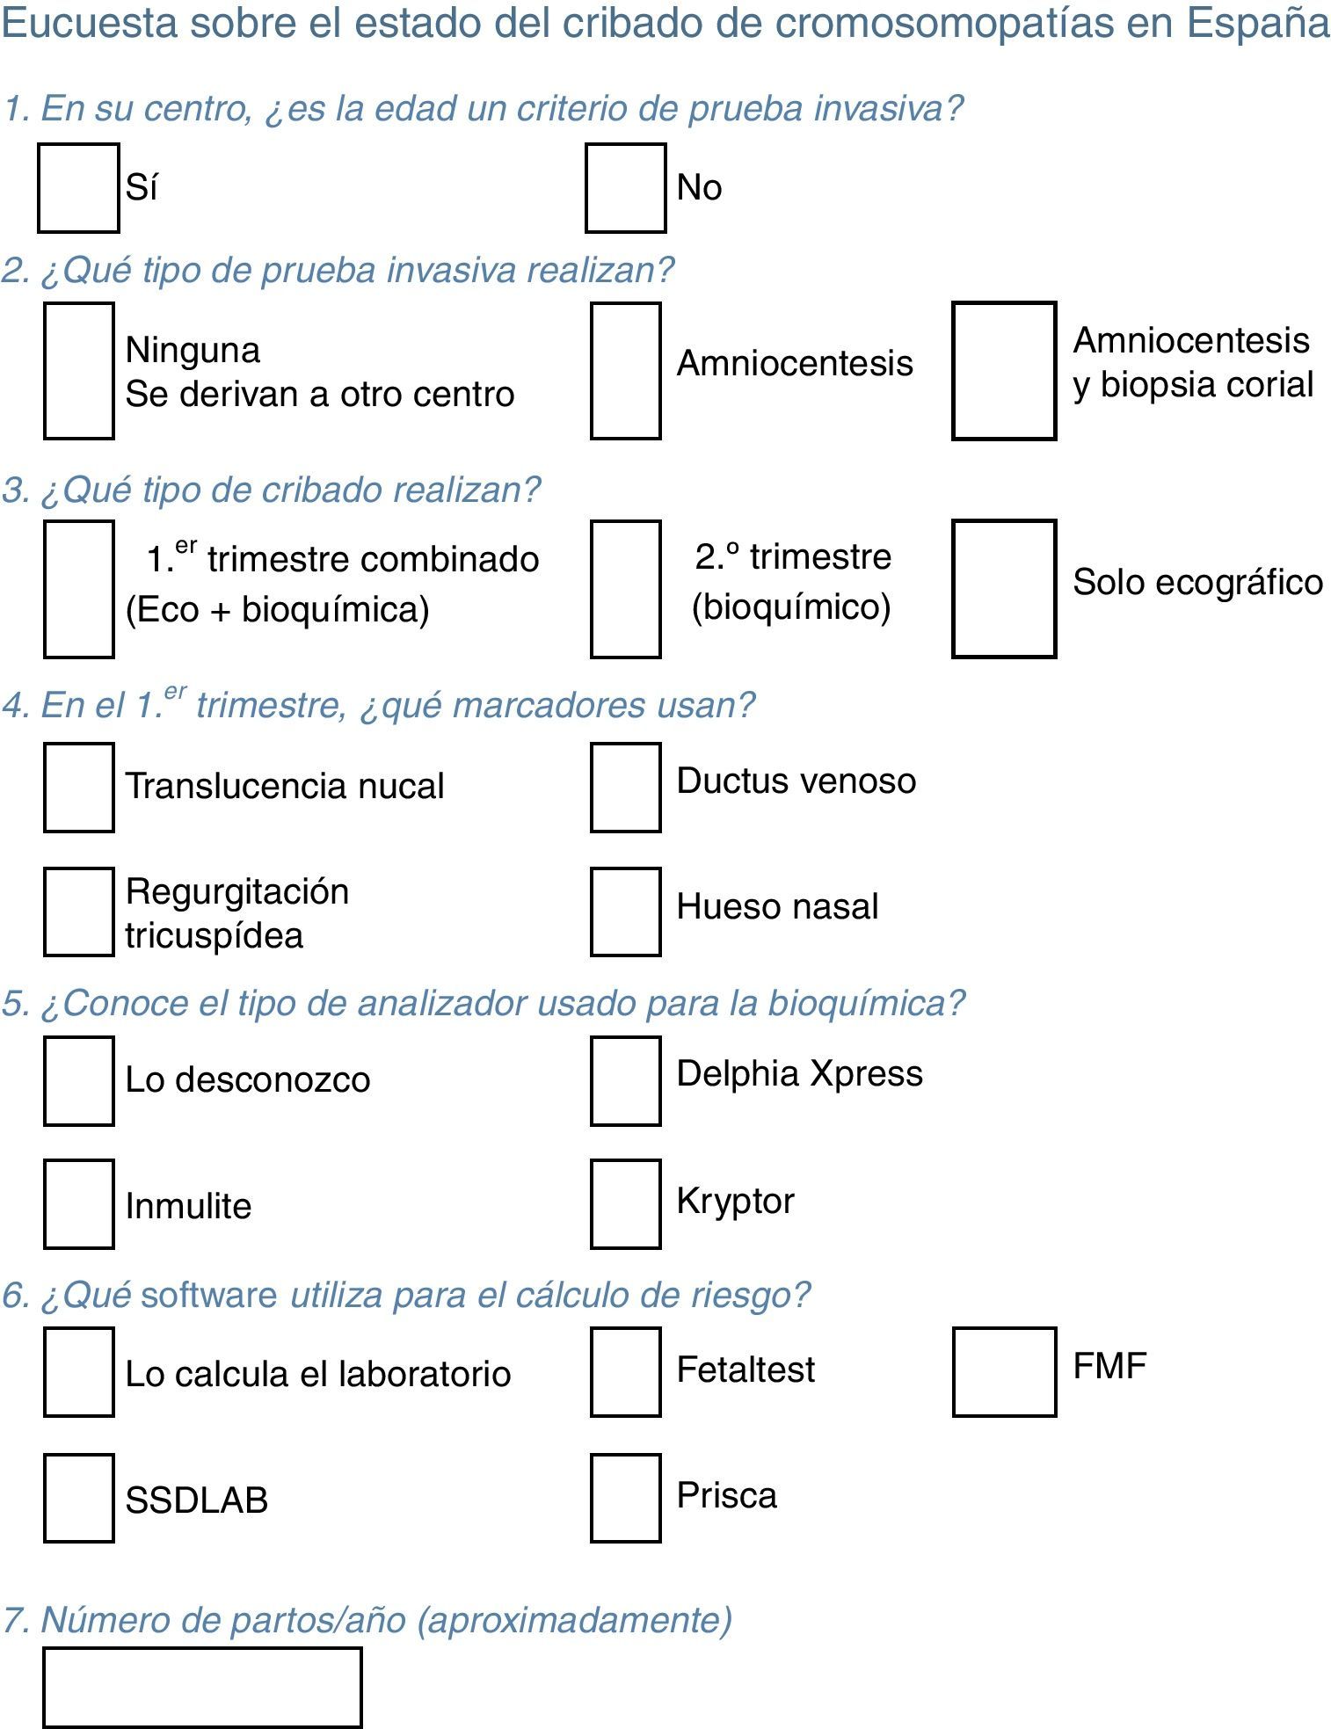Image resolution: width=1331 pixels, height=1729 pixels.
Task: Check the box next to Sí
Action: tap(78, 188)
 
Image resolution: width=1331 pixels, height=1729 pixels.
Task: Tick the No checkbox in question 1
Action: tap(625, 188)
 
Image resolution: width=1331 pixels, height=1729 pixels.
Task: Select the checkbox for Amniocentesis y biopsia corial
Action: tap(1004, 370)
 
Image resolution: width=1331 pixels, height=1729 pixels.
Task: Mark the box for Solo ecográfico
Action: tap(1004, 588)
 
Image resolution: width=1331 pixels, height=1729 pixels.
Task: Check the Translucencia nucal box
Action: tap(78, 787)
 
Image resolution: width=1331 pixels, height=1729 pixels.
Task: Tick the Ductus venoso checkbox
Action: tap(625, 787)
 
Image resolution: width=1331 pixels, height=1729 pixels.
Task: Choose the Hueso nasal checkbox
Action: tap(625, 912)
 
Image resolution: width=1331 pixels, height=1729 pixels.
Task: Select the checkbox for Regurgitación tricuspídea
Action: tap(78, 912)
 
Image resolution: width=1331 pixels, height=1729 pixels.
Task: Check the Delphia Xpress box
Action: tap(625, 1080)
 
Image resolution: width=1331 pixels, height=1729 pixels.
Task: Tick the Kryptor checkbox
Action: tap(625, 1203)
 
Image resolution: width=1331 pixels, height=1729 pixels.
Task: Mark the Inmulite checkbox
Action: tap(78, 1203)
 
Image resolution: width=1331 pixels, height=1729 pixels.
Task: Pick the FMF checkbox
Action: tap(1004, 1371)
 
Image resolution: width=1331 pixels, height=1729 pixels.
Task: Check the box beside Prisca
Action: tap(625, 1498)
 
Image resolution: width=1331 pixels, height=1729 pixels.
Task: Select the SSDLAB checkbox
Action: tap(78, 1498)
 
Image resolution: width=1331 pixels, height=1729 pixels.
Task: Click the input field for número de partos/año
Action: tap(202, 1687)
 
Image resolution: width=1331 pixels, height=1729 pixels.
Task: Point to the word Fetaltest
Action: tap(746, 1369)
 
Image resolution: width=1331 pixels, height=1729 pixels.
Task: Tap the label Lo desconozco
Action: tap(247, 1079)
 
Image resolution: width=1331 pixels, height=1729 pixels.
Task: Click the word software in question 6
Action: tap(209, 1295)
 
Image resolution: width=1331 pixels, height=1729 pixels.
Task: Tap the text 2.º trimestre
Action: tap(793, 556)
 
